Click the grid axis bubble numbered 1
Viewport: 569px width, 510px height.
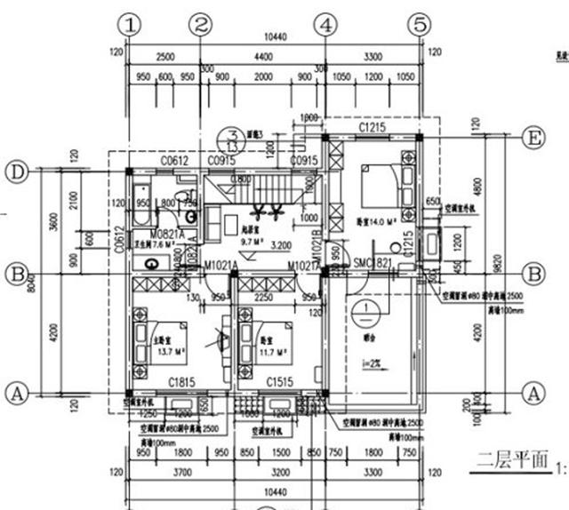(132, 25)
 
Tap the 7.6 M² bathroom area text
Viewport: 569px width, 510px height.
(148, 243)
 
